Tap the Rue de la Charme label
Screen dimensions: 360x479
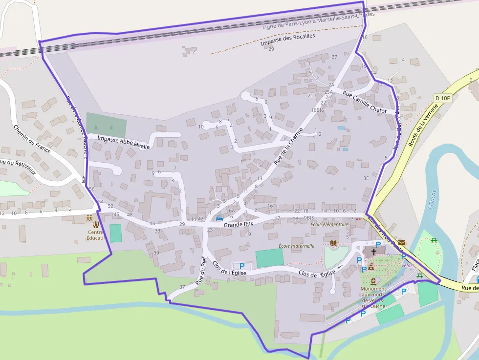point(288,147)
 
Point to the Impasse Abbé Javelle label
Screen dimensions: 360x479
point(123,142)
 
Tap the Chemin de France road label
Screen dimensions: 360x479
point(32,139)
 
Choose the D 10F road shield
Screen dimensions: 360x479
point(442,98)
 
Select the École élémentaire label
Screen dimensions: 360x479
point(330,225)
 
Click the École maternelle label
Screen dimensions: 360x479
point(296,246)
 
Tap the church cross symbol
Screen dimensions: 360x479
point(374,252)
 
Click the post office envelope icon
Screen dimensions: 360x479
point(402,243)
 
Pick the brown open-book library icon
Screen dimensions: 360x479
point(334,243)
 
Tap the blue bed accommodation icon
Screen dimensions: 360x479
point(219,218)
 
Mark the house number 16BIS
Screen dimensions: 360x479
point(318,110)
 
